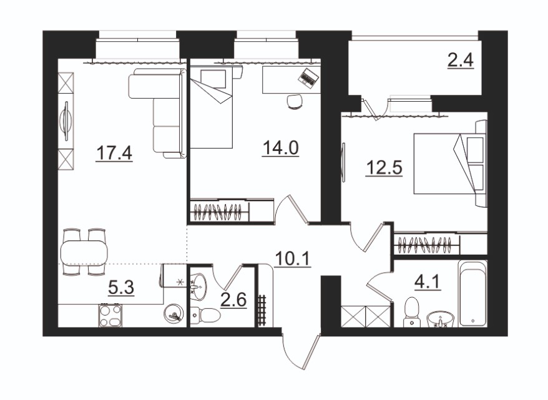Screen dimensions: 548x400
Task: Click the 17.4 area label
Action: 114,154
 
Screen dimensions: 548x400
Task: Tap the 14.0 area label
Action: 281,148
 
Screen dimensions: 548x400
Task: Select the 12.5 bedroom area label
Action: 384,168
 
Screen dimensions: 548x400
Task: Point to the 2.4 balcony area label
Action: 461,61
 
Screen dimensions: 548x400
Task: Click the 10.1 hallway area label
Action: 293,259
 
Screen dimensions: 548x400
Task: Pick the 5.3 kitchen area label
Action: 121,288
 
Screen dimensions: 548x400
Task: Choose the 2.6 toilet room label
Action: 233,300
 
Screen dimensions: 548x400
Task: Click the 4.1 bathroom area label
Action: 428,282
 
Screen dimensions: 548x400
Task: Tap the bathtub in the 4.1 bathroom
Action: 472,294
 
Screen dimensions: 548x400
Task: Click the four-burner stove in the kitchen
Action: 110,316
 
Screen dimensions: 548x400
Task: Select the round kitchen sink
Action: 174,313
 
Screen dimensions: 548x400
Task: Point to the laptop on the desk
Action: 308,77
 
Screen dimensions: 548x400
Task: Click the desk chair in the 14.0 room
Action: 295,102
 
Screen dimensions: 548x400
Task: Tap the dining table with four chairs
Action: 84,252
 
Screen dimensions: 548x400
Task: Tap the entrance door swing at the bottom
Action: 301,351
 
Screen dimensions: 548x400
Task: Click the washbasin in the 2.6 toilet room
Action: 198,286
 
